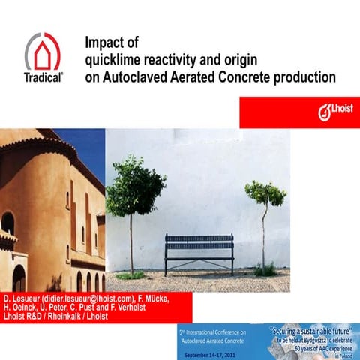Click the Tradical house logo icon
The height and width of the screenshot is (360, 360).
[x=43, y=51]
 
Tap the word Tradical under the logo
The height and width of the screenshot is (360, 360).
[x=43, y=76]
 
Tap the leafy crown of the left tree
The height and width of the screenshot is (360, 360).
[x=136, y=184]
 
